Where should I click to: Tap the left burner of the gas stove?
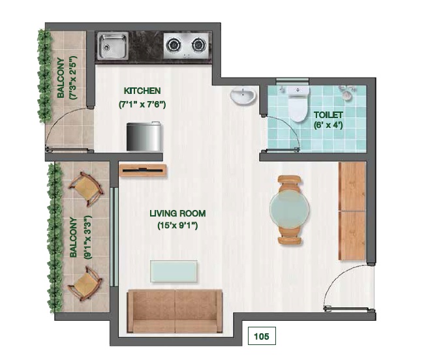174,45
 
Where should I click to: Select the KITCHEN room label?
142,91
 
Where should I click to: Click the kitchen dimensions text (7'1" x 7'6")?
142,104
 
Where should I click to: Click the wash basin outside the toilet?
243,97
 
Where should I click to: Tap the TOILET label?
328,114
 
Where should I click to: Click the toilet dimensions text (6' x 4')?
328,127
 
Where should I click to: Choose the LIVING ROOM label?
177,213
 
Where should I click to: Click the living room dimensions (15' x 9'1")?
177,226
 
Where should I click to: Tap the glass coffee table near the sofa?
174,271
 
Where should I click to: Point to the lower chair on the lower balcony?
85,281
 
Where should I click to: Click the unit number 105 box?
261,337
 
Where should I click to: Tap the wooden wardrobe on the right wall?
352,211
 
